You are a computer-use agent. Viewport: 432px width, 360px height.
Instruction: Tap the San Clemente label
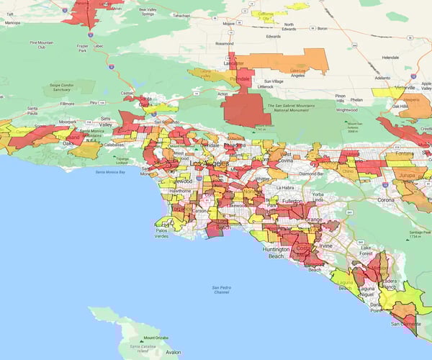[x=403, y=324]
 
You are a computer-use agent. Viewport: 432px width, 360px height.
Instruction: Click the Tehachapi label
[x=181, y=15]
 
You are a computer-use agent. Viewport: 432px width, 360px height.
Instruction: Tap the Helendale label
[x=390, y=56]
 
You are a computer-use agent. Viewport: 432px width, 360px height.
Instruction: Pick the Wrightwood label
[x=346, y=110]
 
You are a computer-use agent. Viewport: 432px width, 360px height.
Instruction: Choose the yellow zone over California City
[x=268, y=16]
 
